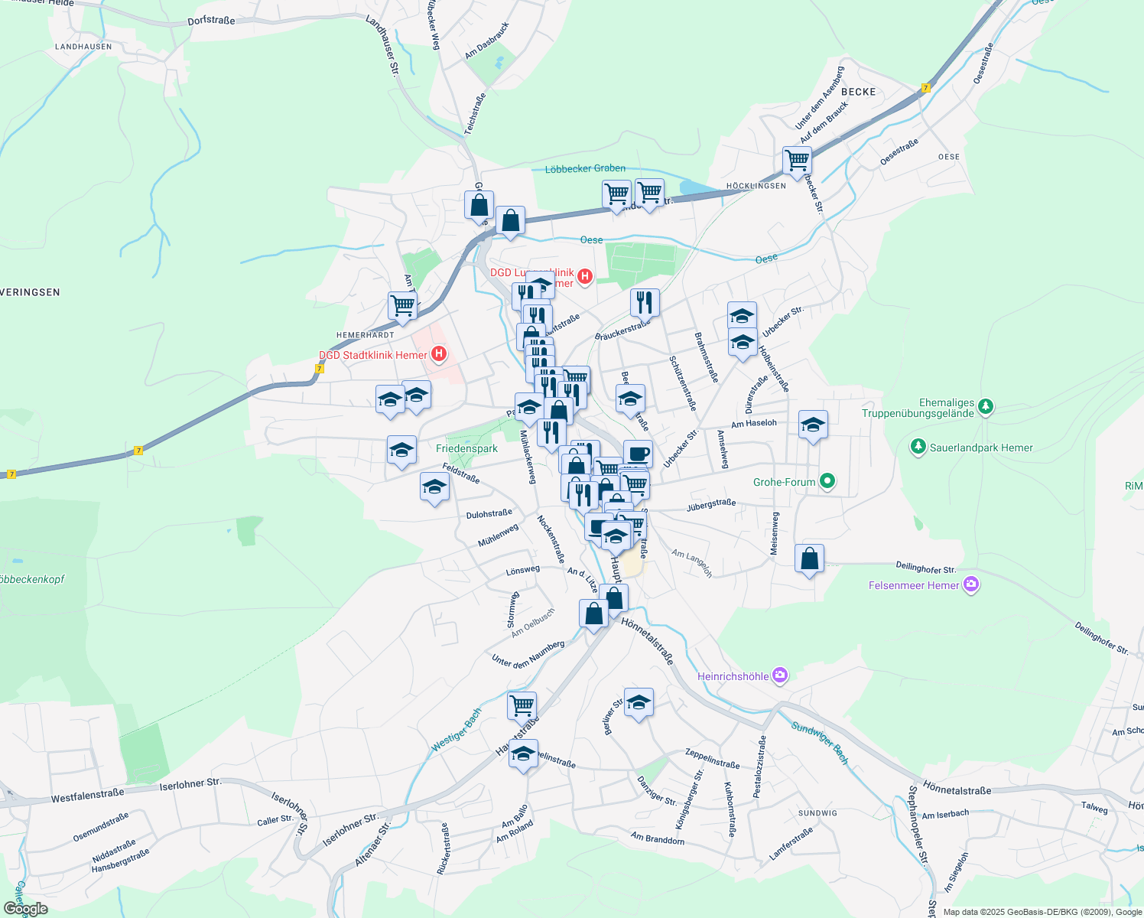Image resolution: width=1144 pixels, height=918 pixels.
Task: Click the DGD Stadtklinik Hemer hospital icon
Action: pos(439,353)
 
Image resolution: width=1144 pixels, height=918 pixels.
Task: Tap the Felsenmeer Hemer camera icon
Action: pos(971,584)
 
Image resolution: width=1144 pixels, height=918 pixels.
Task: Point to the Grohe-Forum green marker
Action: pos(827,481)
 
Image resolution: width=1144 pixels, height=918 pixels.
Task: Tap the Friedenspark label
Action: pos(466,449)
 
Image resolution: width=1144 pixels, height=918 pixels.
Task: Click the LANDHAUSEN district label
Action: pos(83,47)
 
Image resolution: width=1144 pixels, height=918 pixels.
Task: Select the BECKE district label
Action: pos(858,92)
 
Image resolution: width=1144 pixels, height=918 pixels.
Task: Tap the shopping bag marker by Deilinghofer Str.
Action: pos(810,559)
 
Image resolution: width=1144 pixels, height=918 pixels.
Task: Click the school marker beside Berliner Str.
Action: pos(639,702)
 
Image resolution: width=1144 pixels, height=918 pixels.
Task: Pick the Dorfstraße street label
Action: pos(211,21)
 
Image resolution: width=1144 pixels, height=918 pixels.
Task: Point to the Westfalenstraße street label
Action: pos(87,796)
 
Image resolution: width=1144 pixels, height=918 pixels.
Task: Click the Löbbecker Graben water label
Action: pos(585,168)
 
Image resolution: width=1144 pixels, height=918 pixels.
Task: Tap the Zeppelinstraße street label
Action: pos(713,758)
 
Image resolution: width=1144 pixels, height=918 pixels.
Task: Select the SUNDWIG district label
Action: pos(817,812)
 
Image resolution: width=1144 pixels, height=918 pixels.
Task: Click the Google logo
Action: pos(25,909)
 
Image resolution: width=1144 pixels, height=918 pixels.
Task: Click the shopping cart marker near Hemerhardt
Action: pos(402,305)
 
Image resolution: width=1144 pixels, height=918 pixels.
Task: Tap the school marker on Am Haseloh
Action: pos(813,425)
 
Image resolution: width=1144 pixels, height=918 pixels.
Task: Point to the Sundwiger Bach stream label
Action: pos(820,743)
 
